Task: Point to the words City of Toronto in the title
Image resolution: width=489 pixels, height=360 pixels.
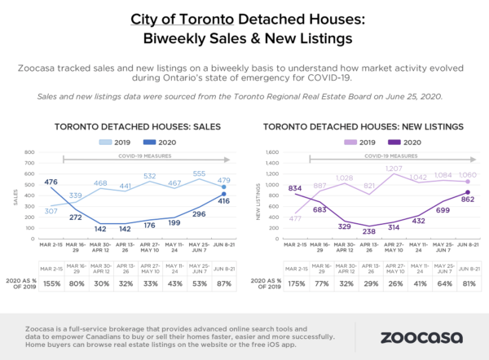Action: [x=174, y=18]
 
